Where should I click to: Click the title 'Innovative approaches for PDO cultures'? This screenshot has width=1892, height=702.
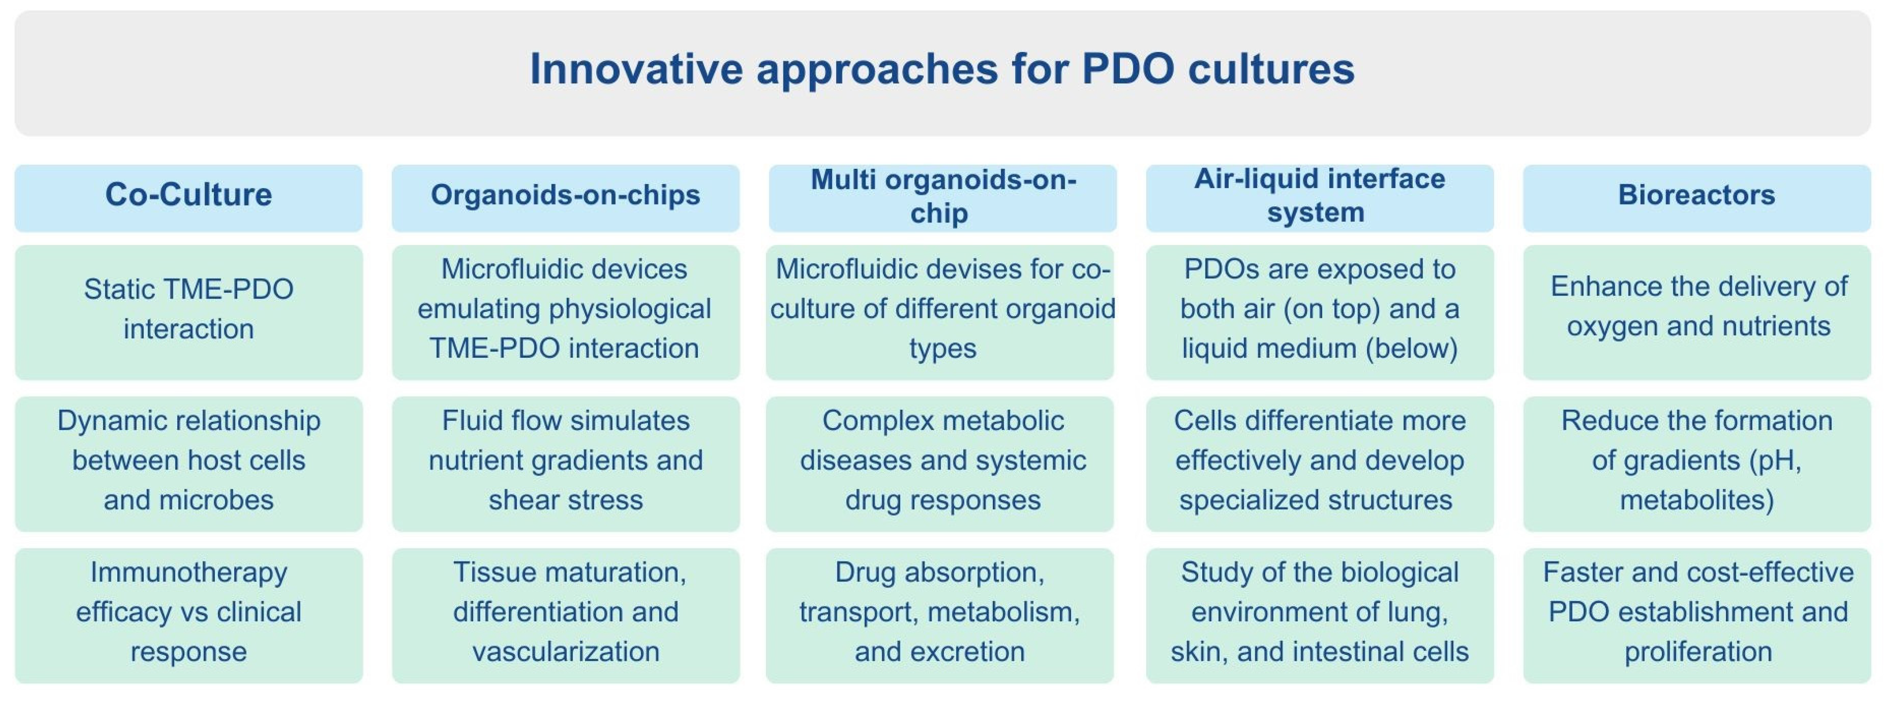pos(942,69)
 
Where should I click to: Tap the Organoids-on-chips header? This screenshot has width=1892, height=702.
pos(566,198)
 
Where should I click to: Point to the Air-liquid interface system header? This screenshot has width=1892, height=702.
pos(1320,198)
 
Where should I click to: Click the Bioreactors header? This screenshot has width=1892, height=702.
pos(1697,198)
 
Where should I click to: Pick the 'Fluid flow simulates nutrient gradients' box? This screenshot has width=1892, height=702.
pos(566,464)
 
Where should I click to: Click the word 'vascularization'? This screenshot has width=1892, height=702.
pos(566,651)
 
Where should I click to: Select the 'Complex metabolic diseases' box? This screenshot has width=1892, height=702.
pos(940,464)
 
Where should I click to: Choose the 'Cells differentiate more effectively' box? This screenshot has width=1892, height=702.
pos(1320,464)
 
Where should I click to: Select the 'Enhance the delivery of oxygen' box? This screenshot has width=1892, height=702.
pos(1697,312)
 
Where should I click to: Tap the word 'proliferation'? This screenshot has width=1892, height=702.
pos(1698,651)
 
